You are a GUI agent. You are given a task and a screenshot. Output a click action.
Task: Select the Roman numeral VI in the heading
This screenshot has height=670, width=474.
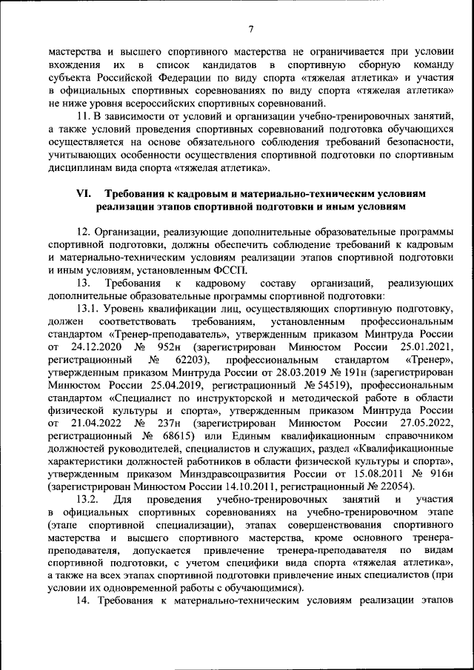pyautogui.click(x=84, y=192)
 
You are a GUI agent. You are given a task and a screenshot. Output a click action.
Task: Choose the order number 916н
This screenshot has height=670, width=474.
pyautogui.click(x=435, y=473)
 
